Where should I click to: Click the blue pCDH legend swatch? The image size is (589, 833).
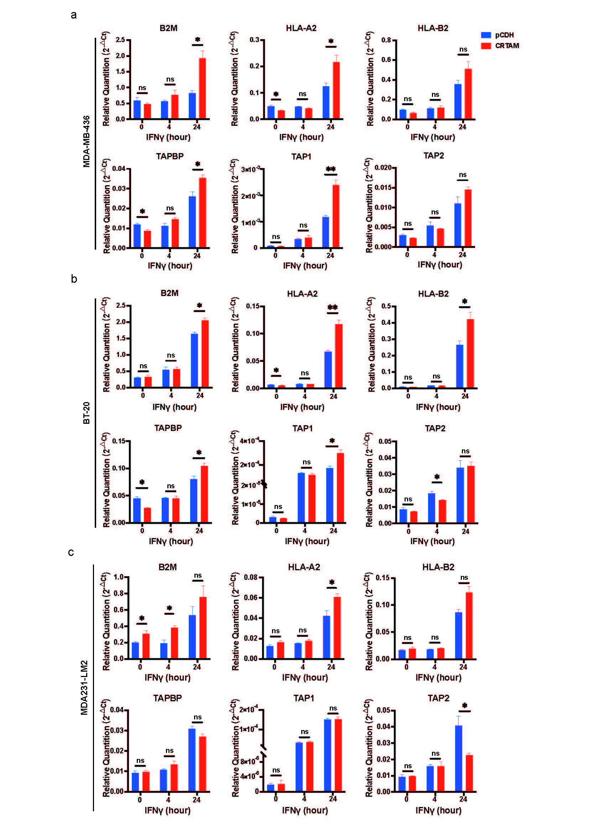(486, 35)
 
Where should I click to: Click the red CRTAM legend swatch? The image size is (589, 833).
(486, 46)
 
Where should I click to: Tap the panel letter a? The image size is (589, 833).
(74, 15)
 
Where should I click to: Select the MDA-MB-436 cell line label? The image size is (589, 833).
(86, 141)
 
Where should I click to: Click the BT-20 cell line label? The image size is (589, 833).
(86, 413)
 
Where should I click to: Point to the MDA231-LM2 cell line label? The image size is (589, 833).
(84, 687)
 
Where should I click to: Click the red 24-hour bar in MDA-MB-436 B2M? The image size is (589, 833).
(202, 89)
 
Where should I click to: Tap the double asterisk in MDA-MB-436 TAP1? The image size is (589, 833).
(331, 169)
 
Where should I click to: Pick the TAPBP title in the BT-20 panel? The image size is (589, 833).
(168, 428)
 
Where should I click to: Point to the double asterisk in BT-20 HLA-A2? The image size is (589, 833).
(333, 307)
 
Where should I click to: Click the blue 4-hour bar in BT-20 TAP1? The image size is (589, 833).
(301, 498)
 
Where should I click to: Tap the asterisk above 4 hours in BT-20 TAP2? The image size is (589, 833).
(437, 477)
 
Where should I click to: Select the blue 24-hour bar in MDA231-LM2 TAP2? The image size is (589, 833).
(459, 758)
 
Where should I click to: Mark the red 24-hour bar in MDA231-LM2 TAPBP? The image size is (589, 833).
(203, 764)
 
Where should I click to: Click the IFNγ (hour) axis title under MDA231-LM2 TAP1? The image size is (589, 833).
(305, 810)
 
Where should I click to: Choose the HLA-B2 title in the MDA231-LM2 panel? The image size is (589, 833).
(438, 567)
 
